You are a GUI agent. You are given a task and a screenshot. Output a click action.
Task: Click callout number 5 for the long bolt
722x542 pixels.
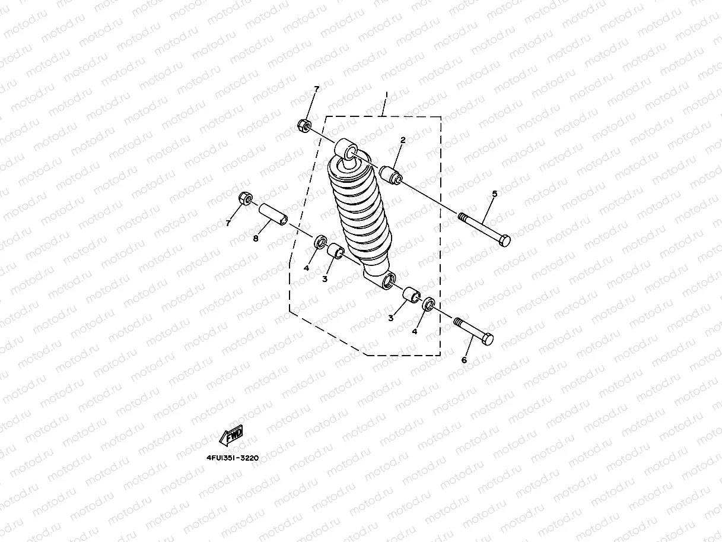pyautogui.click(x=495, y=194)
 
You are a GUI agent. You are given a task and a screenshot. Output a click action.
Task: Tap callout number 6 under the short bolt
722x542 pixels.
pyautogui.click(x=464, y=360)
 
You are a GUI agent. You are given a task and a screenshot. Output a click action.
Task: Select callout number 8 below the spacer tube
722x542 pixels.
pyautogui.click(x=256, y=239)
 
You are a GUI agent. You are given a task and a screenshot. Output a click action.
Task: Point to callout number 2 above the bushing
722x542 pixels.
pyautogui.click(x=403, y=140)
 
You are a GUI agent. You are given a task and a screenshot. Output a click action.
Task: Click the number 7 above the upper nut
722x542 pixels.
pyautogui.click(x=316, y=89)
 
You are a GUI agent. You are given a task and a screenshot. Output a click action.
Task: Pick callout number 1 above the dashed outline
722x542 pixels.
pyautogui.click(x=386, y=95)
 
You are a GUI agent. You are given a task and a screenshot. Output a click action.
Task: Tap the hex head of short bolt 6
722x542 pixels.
pyautogui.click(x=488, y=339)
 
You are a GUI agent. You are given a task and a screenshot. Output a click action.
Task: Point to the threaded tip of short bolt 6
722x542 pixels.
pyautogui.click(x=458, y=322)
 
